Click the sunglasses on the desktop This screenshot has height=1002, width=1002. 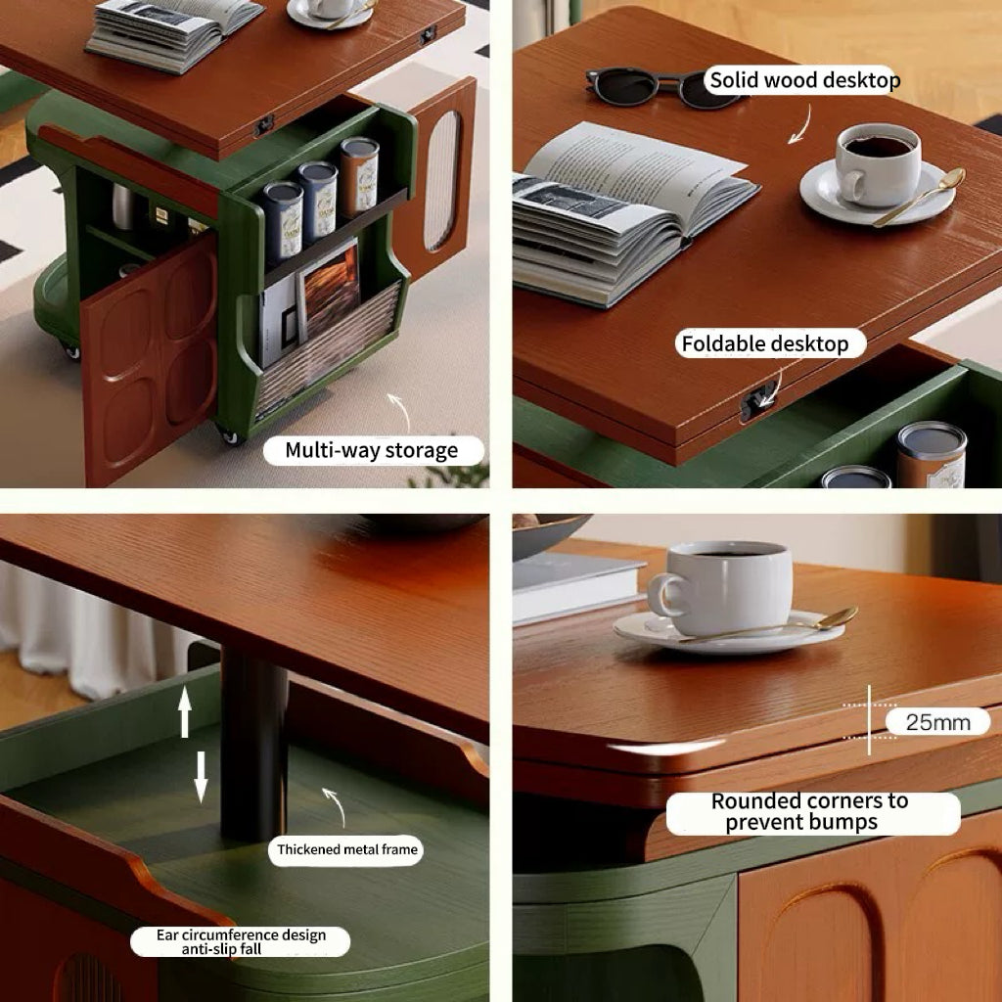point(659,87)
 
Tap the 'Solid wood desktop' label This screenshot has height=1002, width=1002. point(804,80)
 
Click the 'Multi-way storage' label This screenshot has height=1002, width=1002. point(373,450)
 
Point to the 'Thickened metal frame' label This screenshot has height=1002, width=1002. point(346,850)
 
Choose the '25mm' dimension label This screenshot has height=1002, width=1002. point(937,722)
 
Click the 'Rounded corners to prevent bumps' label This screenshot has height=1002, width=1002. point(812,812)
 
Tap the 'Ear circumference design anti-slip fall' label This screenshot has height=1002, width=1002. point(241,942)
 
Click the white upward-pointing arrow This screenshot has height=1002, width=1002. point(185,711)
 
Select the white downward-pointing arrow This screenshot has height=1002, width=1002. point(201,777)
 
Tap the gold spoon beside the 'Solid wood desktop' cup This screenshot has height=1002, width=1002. point(919,197)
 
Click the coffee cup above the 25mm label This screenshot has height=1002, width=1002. point(721,588)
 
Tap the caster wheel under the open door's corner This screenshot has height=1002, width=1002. point(229,435)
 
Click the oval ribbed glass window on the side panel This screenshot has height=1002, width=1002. point(442,181)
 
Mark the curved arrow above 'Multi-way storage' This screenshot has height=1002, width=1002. point(400,412)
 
